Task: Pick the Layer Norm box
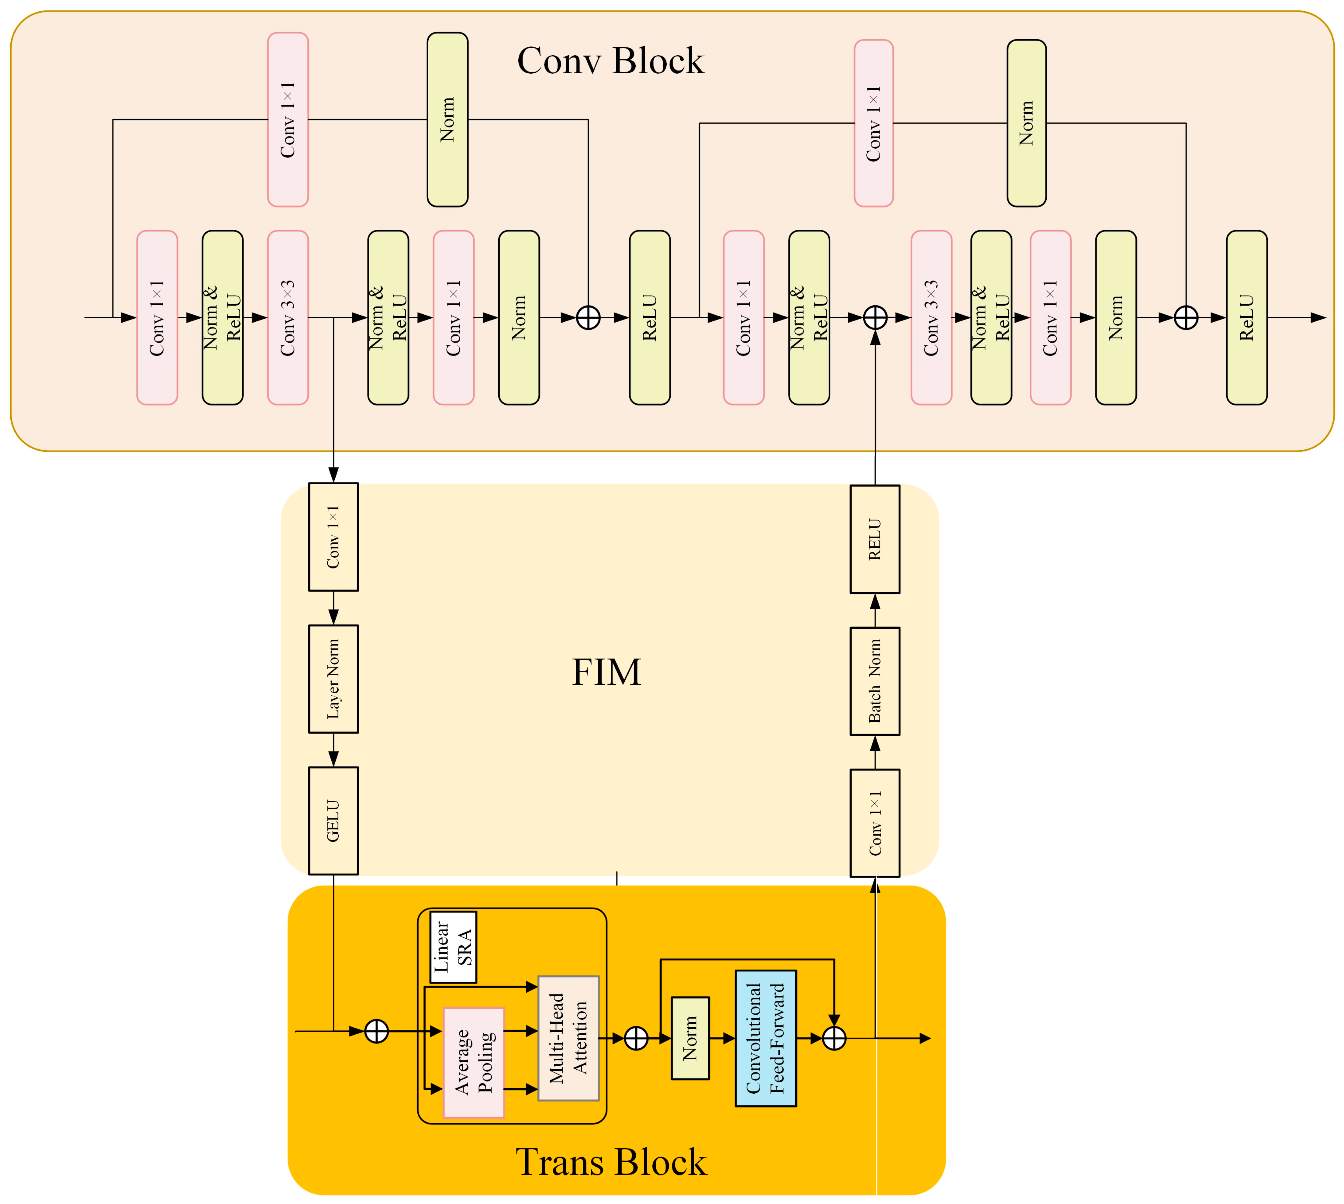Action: (333, 679)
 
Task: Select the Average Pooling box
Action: (474, 1062)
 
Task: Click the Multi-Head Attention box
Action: (568, 1038)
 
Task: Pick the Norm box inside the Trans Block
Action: (690, 1038)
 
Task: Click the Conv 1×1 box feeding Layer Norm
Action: (333, 537)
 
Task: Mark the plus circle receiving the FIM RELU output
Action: (875, 317)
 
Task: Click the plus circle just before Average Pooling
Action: (376, 1031)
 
